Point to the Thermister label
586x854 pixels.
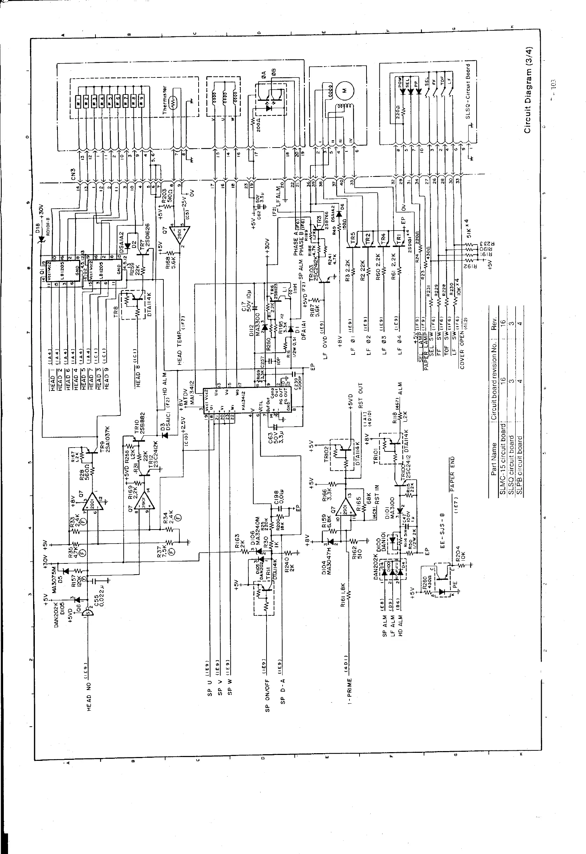click(x=165, y=100)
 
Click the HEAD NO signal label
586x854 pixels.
click(x=89, y=691)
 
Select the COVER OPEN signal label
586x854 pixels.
click(x=462, y=349)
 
